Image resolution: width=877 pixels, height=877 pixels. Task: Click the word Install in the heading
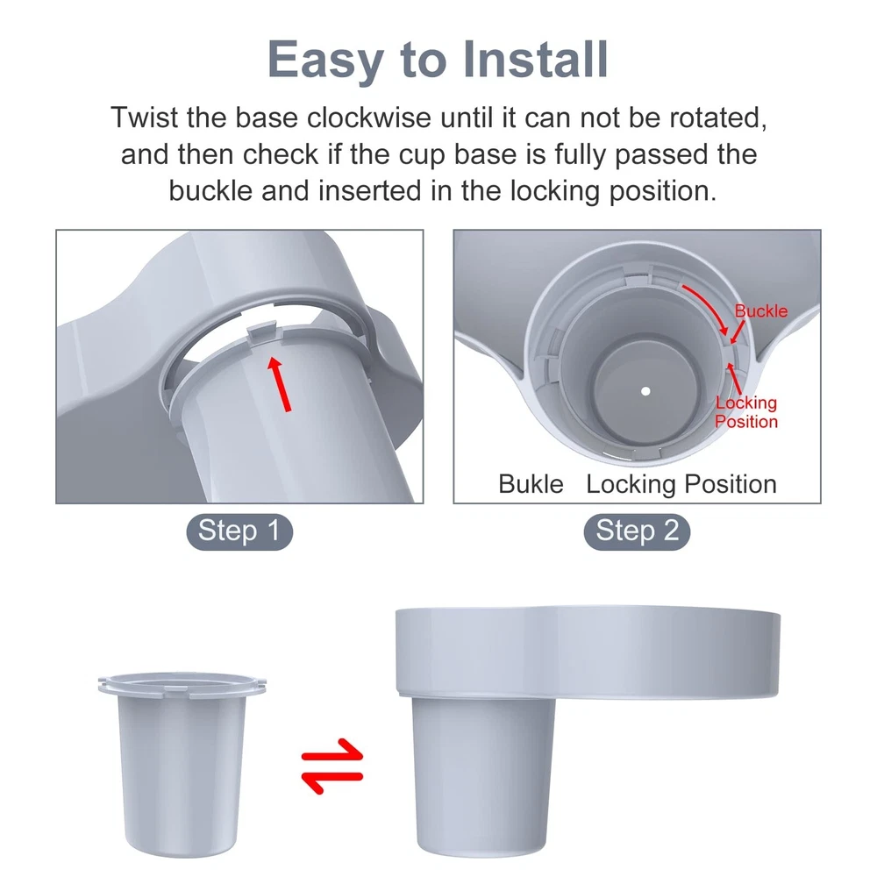[536, 60]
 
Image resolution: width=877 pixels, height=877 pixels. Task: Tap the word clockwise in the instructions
[368, 118]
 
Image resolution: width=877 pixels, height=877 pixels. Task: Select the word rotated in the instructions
[718, 118]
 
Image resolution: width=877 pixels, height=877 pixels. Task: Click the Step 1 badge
[239, 531]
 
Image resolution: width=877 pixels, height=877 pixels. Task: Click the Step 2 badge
[637, 531]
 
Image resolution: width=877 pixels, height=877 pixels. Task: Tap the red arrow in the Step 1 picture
[280, 384]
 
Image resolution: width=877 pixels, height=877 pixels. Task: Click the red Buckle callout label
[760, 311]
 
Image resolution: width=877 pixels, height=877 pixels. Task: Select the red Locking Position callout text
[746, 412]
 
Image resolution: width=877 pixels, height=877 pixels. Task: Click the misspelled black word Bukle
[531, 484]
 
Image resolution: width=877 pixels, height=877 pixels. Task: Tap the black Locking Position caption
[681, 485]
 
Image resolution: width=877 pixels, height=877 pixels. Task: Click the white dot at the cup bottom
[645, 391]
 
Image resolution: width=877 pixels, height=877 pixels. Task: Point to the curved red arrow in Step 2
[710, 306]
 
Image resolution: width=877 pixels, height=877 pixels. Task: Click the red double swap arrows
[332, 766]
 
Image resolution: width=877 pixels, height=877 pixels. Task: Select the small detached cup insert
[182, 764]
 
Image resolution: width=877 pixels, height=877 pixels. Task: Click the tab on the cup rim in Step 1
[262, 332]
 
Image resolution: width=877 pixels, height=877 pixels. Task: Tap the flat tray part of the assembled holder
[588, 652]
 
